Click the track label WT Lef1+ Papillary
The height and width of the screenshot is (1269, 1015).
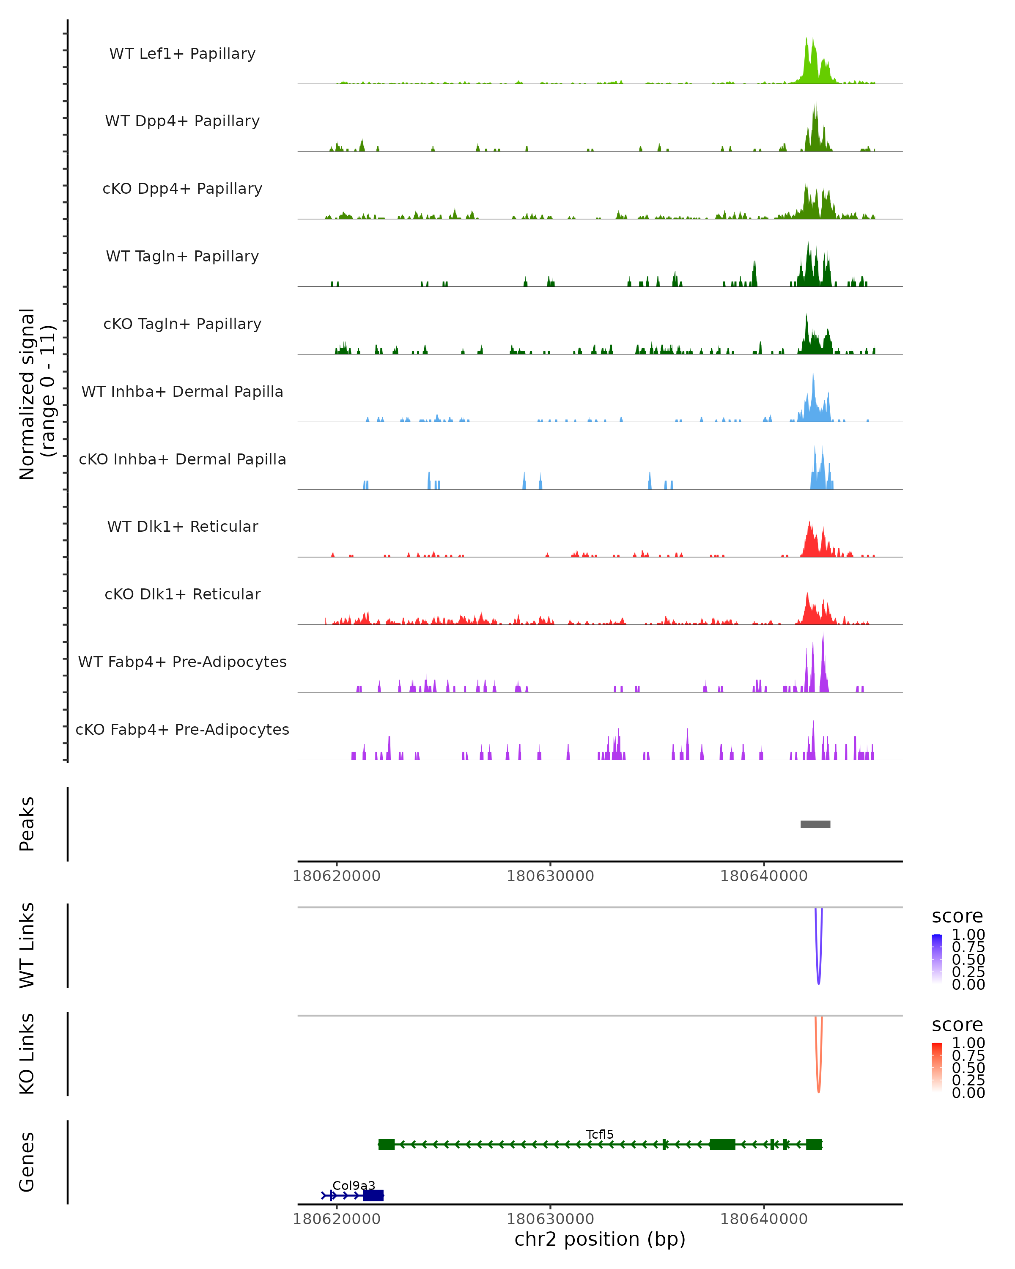(x=182, y=54)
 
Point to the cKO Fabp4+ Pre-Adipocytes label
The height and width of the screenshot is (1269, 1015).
(x=182, y=729)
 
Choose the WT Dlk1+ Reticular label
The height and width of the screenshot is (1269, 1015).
(x=182, y=526)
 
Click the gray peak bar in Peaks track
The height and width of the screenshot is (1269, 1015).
(x=815, y=824)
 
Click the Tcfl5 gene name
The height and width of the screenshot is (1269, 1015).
(x=600, y=1134)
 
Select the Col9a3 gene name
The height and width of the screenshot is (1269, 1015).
(x=354, y=1185)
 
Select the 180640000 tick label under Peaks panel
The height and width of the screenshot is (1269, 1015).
(x=764, y=876)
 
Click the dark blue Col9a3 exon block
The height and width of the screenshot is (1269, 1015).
(x=373, y=1195)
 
